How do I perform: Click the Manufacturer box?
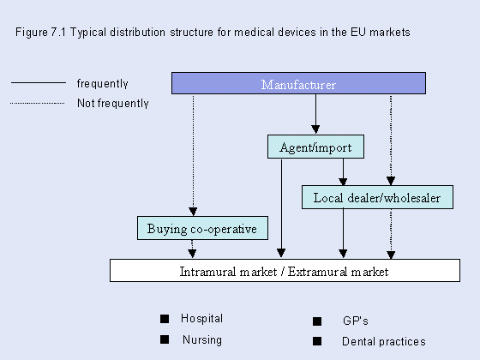click(298, 83)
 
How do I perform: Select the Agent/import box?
click(315, 147)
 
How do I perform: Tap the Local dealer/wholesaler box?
click(377, 197)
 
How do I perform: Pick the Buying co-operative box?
click(202, 228)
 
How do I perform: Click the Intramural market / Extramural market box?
click(285, 271)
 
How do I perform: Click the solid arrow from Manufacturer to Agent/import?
click(315, 114)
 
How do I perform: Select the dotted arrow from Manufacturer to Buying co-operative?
click(193, 155)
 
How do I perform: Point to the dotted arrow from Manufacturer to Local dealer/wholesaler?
click(391, 140)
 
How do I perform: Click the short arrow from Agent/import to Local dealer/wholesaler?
click(343, 171)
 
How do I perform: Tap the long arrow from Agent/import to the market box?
click(281, 208)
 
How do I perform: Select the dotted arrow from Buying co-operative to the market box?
click(192, 249)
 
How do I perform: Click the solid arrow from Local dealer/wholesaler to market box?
click(343, 233)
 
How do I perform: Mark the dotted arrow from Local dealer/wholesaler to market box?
click(391, 234)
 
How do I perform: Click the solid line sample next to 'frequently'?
click(39, 82)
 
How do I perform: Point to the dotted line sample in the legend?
click(38, 103)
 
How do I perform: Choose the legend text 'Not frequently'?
click(113, 103)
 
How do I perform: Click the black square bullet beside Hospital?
click(165, 319)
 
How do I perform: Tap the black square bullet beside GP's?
click(317, 321)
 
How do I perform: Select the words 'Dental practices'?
click(384, 341)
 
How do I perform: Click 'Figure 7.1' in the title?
click(40, 33)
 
